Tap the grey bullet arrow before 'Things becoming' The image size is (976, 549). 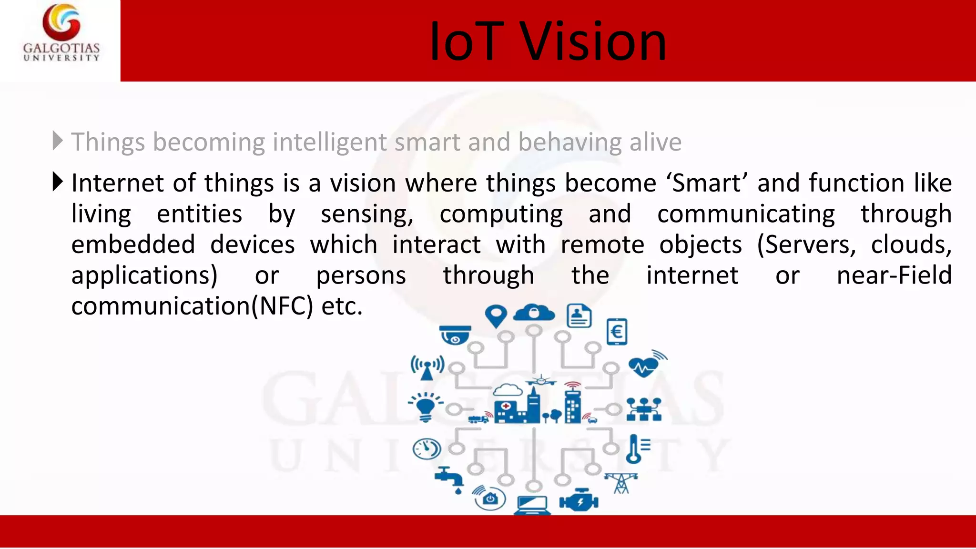pyautogui.click(x=57, y=141)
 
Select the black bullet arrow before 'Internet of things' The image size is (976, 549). pyautogui.click(x=57, y=182)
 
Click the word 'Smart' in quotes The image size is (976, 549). pyautogui.click(x=707, y=183)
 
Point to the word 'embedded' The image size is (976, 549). pyautogui.click(x=133, y=245)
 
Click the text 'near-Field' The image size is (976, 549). pyautogui.click(x=894, y=275)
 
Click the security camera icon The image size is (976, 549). pyautogui.click(x=455, y=335)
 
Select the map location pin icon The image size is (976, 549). pyautogui.click(x=496, y=316)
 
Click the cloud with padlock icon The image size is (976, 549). pyautogui.click(x=534, y=313)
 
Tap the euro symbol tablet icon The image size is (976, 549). pyautogui.click(x=617, y=332)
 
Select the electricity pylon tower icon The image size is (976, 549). pyautogui.click(x=621, y=483)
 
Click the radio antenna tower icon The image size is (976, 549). pyautogui.click(x=427, y=367)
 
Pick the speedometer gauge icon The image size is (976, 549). pyautogui.click(x=426, y=448)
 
